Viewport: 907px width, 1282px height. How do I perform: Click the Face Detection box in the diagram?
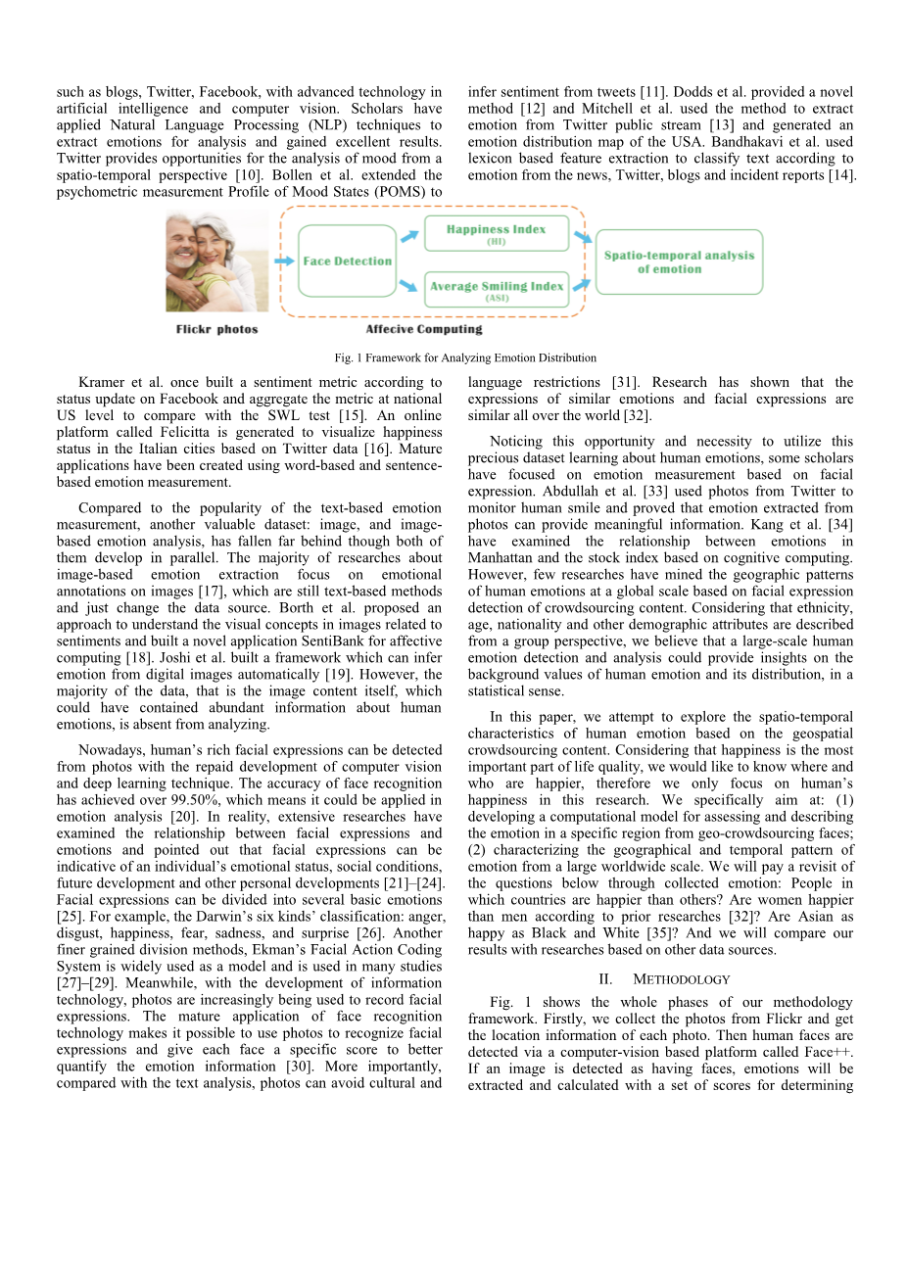pyautogui.click(x=347, y=261)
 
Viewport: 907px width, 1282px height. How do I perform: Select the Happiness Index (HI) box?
pyautogui.click(x=496, y=234)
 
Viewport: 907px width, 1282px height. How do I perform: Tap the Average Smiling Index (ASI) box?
pyautogui.click(x=497, y=290)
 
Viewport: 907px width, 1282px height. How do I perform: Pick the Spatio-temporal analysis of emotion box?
pyautogui.click(x=679, y=261)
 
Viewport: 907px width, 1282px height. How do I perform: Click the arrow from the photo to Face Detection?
pyautogui.click(x=284, y=261)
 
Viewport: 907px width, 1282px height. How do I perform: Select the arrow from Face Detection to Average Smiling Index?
pyautogui.click(x=408, y=285)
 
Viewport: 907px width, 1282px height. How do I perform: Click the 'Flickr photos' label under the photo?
pyautogui.click(x=216, y=330)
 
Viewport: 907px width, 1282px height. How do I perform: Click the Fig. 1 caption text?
pyautogui.click(x=465, y=357)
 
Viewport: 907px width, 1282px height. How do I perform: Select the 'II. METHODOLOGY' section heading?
pyautogui.click(x=663, y=979)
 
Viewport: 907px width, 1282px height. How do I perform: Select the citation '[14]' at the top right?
pyautogui.click(x=842, y=175)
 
